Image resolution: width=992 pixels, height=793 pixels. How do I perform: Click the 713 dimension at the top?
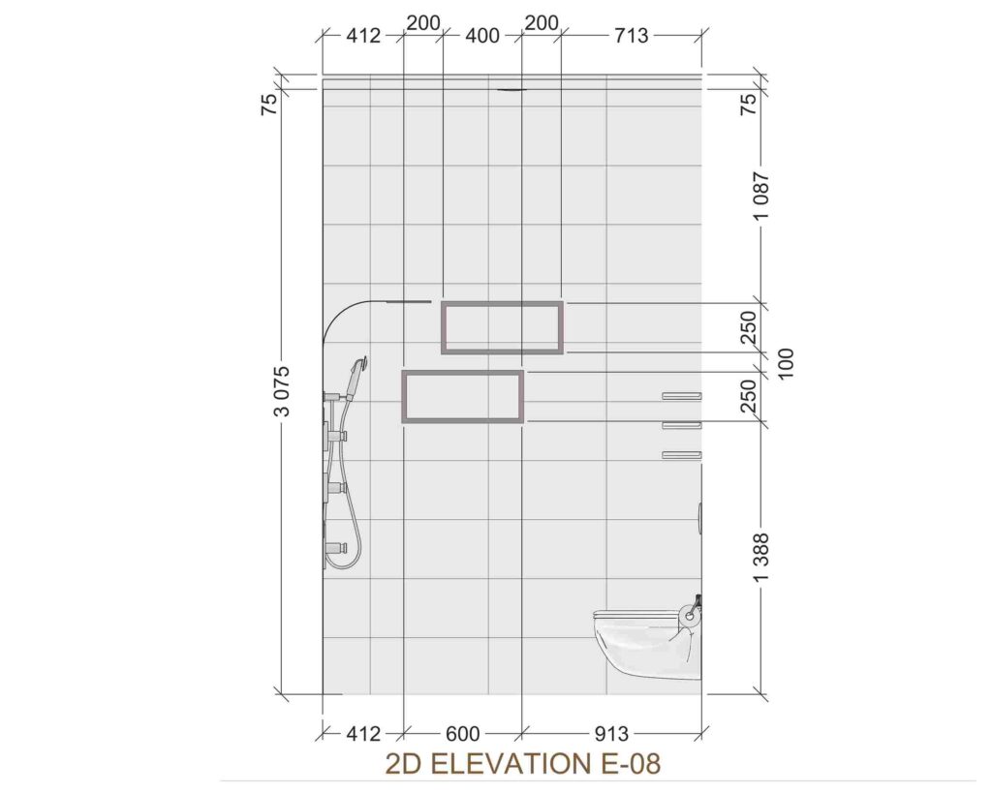[632, 36]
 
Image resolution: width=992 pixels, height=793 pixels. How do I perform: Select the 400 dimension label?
[482, 36]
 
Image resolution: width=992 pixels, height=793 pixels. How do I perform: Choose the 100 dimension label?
[785, 363]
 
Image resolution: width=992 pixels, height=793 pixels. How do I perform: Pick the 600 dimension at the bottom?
[463, 734]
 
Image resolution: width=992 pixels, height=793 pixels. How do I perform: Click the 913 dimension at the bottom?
[612, 734]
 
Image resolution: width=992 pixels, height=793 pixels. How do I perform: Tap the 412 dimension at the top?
[364, 36]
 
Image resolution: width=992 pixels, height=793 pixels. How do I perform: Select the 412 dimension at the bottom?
[364, 734]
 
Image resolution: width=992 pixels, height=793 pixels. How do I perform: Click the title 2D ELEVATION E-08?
[522, 763]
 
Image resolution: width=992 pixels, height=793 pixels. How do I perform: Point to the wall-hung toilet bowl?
[646, 644]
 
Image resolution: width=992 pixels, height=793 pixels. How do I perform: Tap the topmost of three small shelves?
[682, 396]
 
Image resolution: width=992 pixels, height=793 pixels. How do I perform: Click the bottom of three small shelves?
[682, 455]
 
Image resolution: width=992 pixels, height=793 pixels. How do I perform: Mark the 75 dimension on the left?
[270, 103]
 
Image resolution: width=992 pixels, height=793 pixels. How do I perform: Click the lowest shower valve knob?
[336, 547]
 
